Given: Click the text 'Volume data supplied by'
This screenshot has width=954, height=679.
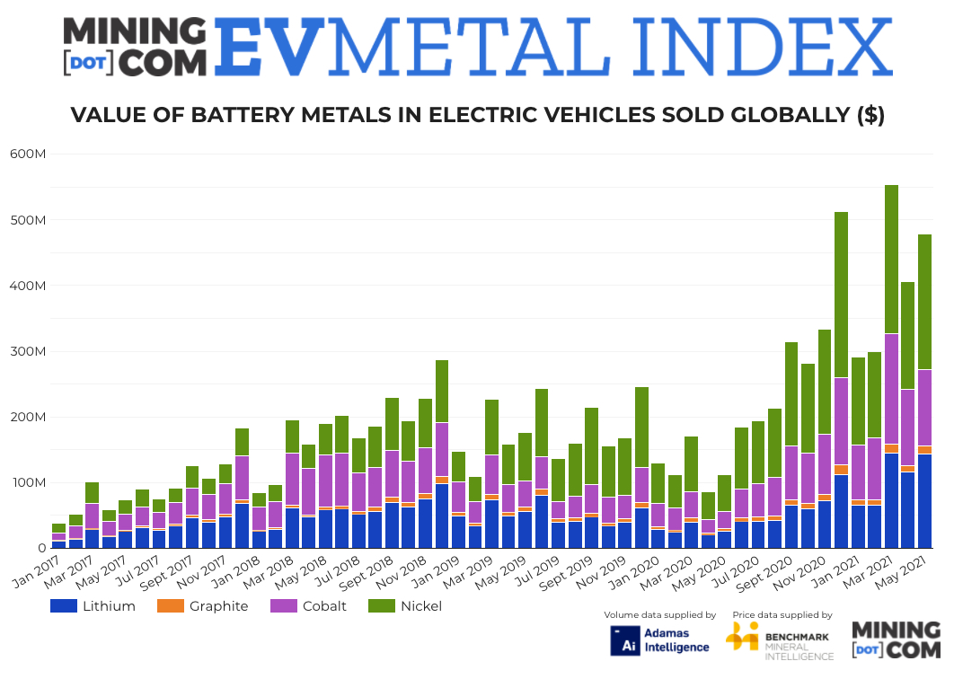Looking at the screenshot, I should [x=660, y=615].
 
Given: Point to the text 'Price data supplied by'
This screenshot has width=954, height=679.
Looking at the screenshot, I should [x=782, y=615].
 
